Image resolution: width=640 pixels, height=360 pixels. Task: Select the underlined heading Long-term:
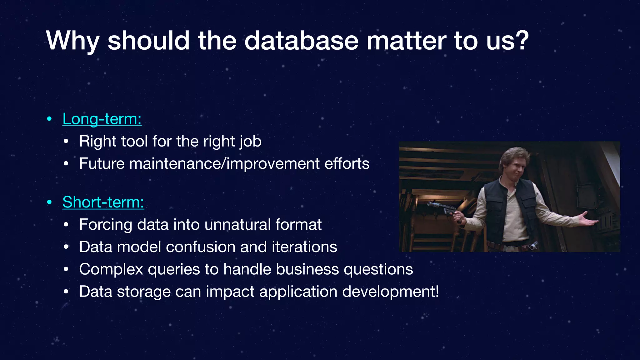point(102,119)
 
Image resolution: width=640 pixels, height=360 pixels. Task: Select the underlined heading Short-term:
point(103,202)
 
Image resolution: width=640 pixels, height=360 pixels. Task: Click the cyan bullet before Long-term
point(49,119)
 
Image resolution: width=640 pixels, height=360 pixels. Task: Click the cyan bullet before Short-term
point(49,202)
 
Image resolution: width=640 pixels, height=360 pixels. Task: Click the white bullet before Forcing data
point(66,225)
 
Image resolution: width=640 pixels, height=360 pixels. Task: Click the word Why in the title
point(73,41)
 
